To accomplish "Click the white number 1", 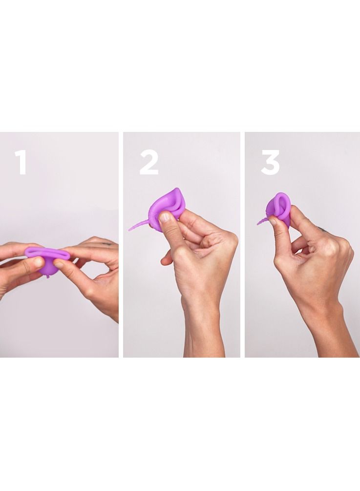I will pyautogui.click(x=21, y=162).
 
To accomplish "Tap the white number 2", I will pyautogui.click(x=149, y=162).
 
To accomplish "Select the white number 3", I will pyautogui.click(x=270, y=162).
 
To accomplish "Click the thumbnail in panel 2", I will pyautogui.click(x=166, y=217).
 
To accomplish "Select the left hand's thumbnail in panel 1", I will pyautogui.click(x=37, y=262).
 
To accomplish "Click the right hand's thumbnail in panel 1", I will pyautogui.click(x=59, y=264).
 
